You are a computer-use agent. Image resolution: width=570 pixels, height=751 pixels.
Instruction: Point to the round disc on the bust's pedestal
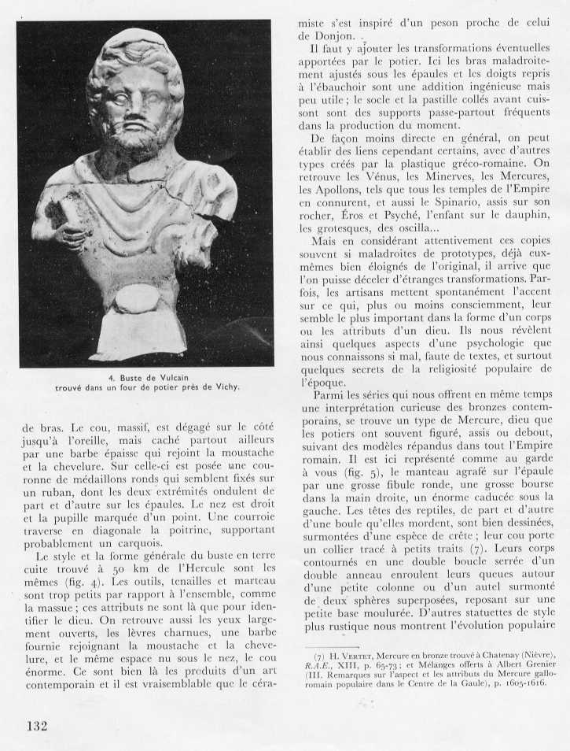tap(136, 298)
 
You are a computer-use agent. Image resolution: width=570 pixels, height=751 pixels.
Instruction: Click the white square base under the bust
tap(138, 335)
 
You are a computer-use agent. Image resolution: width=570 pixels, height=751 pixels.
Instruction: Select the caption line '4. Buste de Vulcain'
tap(145, 376)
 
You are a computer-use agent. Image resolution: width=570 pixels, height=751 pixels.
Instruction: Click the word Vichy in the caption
tap(224, 387)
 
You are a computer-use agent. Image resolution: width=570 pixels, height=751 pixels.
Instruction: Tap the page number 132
tap(41, 725)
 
